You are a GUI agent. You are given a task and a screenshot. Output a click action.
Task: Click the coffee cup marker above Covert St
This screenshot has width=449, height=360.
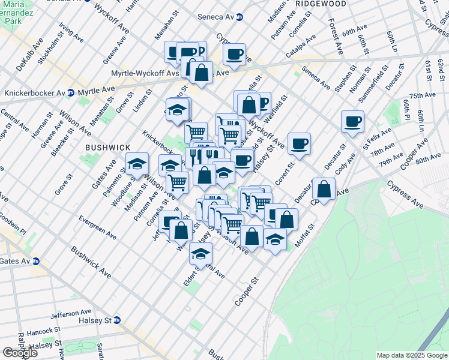pyautogui.click(x=299, y=143)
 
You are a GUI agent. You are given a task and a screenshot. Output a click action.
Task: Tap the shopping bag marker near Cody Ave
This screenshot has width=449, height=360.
pyautogui.click(x=324, y=189)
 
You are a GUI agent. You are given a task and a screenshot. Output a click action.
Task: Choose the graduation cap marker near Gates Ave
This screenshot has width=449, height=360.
pyautogui.click(x=137, y=163)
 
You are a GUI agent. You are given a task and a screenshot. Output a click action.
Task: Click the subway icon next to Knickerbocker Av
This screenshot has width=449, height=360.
pyautogui.click(x=71, y=93)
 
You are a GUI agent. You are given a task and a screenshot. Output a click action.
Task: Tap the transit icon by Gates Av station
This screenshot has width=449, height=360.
pyautogui.click(x=36, y=261)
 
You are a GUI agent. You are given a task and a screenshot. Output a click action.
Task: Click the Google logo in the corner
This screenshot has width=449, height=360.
pyautogui.click(x=20, y=353)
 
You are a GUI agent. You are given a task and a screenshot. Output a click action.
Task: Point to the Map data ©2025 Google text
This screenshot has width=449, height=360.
pyautogui.click(x=411, y=355)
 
